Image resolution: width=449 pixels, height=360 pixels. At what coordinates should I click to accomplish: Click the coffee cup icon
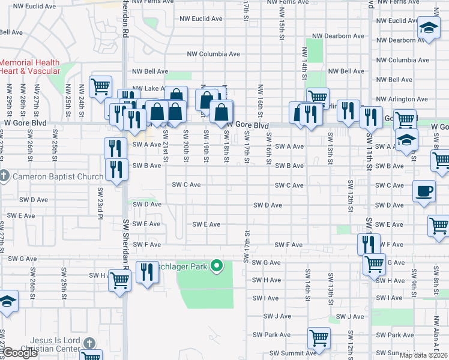click(x=424, y=192)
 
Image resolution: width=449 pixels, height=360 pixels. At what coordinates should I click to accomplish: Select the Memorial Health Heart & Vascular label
click(x=30, y=67)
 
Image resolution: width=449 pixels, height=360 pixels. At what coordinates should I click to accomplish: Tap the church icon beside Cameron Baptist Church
click(x=4, y=176)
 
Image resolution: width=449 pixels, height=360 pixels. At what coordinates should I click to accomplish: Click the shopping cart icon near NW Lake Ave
click(x=101, y=86)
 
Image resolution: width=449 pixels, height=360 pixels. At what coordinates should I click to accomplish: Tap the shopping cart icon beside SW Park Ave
click(x=319, y=338)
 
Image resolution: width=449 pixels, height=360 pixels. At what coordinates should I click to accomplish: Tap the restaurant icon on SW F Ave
click(x=369, y=244)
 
